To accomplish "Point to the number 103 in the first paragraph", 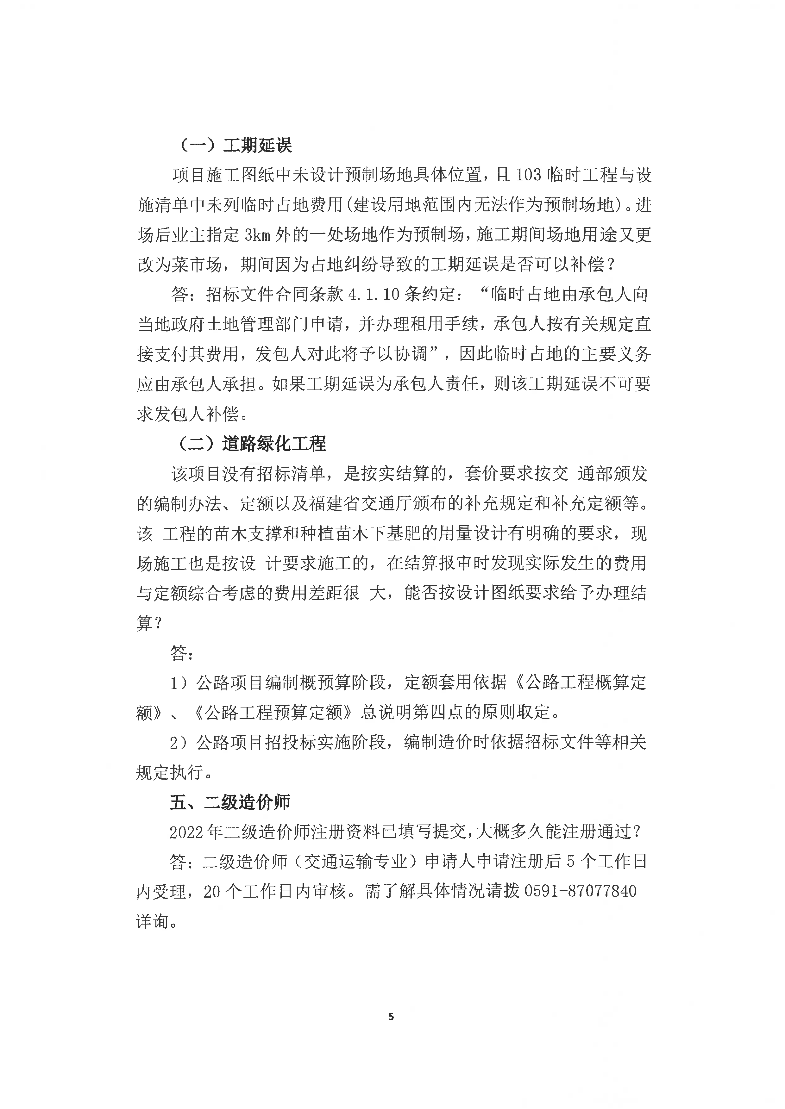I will [x=528, y=175].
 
